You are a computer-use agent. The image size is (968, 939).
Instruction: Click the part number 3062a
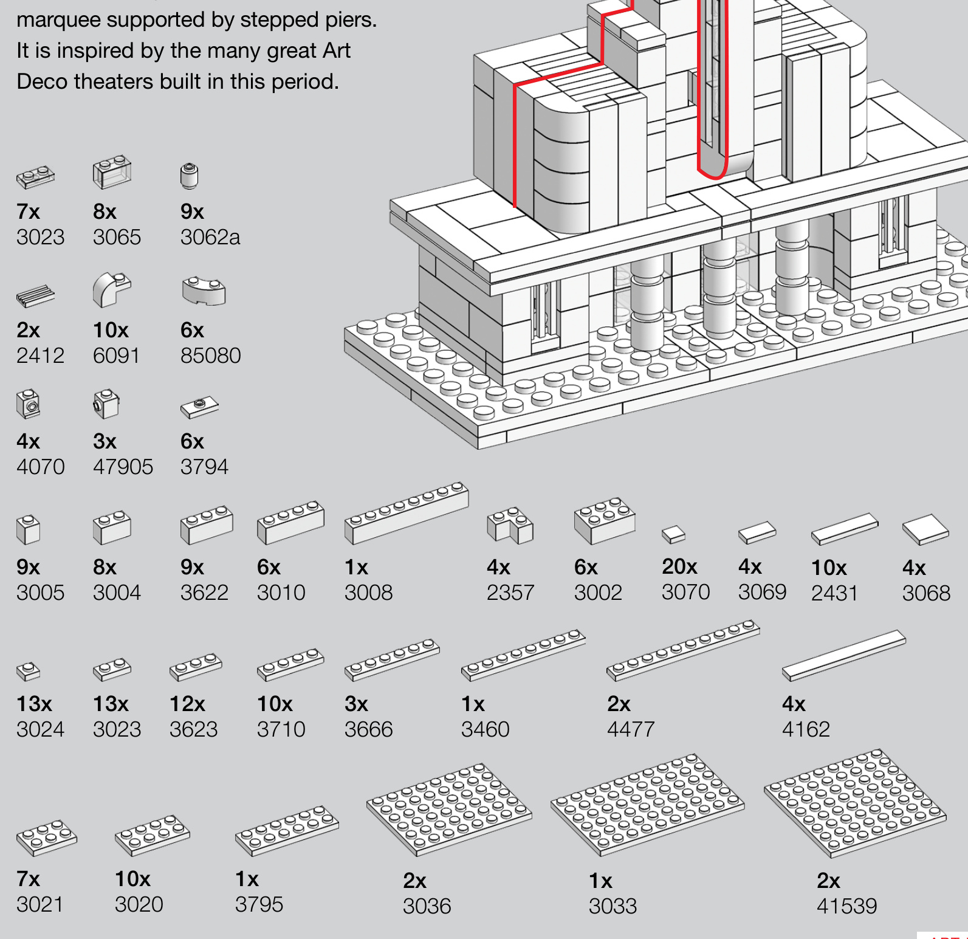pyautogui.click(x=210, y=237)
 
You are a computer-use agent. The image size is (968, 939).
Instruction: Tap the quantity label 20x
pyautogui.click(x=679, y=566)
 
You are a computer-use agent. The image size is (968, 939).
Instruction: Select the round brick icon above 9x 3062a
pyautogui.click(x=190, y=176)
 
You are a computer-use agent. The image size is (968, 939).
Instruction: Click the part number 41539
pyautogui.click(x=846, y=906)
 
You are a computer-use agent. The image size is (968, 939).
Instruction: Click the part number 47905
pyautogui.click(x=123, y=467)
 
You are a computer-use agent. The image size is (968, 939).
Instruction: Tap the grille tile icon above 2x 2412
pyautogui.click(x=35, y=295)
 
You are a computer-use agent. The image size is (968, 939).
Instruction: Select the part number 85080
pyautogui.click(x=210, y=356)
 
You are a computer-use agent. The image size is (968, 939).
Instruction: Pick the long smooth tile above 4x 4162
pyautogui.click(x=843, y=655)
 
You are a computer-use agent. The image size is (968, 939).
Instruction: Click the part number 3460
pyautogui.click(x=485, y=729)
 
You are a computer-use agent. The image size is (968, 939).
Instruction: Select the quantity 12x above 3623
pyautogui.click(x=187, y=704)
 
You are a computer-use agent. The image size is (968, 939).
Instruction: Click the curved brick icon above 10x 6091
pyautogui.click(x=111, y=289)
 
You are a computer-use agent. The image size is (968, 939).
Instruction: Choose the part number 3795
pyautogui.click(x=259, y=904)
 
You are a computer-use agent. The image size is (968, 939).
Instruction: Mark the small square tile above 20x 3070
pyautogui.click(x=673, y=534)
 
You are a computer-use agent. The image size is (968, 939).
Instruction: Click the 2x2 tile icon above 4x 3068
pyautogui.click(x=925, y=529)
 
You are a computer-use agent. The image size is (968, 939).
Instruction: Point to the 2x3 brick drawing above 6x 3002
pyautogui.click(x=604, y=521)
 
